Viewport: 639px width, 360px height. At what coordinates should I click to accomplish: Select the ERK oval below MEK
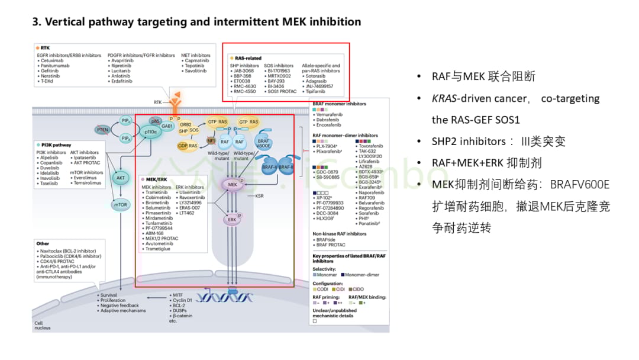pos(231,220)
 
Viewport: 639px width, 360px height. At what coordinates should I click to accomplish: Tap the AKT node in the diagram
pos(120,177)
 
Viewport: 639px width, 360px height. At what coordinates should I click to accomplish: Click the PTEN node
pos(102,129)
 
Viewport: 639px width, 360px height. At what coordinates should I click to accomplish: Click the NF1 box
pos(211,141)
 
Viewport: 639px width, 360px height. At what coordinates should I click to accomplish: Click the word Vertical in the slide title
pos(66,22)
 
